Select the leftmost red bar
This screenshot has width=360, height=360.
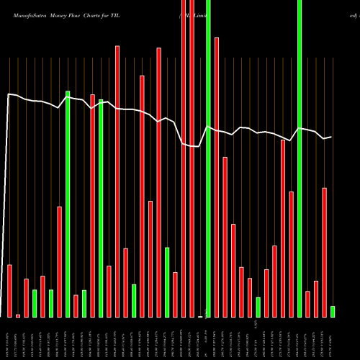click(10, 291)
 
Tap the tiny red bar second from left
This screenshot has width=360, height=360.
click(18, 315)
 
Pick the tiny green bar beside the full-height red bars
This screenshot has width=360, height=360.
click(200, 316)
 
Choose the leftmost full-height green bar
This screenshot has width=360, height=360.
click(208, 158)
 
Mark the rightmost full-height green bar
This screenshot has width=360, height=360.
click(300, 158)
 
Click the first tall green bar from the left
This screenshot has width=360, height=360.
click(68, 204)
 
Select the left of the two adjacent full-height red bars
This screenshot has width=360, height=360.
click(184, 158)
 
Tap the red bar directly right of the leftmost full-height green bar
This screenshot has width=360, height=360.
click(217, 177)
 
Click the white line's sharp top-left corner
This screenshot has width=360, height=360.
click(9, 94)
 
